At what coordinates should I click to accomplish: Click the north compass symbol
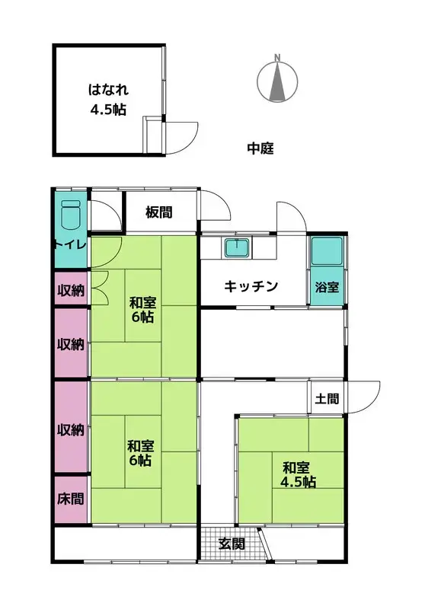(277, 82)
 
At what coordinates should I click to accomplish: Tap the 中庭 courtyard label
(260, 148)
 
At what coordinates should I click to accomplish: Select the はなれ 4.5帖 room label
(108, 100)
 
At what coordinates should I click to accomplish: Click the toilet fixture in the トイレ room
(71, 215)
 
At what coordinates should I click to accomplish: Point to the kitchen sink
(237, 248)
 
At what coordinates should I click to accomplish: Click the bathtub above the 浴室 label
(327, 251)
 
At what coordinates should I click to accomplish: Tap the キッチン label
(251, 287)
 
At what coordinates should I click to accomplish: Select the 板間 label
(159, 212)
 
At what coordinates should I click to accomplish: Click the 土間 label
(327, 398)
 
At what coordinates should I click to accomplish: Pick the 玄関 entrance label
(232, 544)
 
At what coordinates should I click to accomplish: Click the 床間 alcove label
(71, 499)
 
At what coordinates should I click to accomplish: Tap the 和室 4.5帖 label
(298, 474)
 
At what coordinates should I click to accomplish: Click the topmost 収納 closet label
(71, 290)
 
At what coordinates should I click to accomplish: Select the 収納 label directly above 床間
(71, 429)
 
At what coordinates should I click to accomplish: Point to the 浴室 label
(327, 287)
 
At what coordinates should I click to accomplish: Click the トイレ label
(70, 244)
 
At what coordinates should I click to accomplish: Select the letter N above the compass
(277, 58)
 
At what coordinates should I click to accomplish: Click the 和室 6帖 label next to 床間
(141, 453)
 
